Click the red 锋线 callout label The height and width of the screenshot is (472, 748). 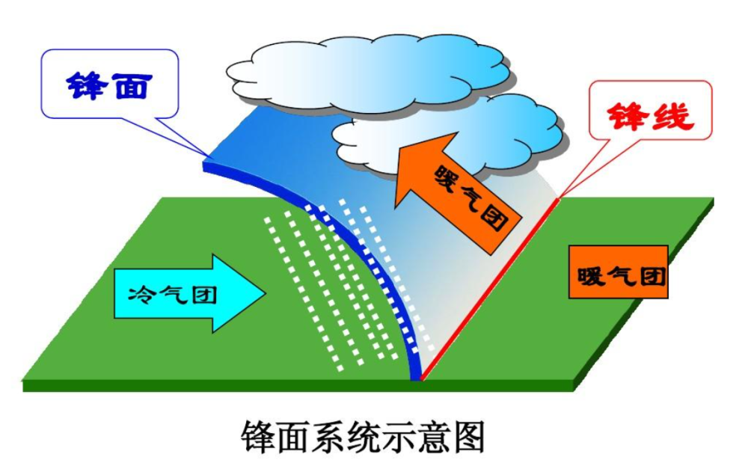click(x=650, y=110)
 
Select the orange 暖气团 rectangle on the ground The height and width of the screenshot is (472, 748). click(x=619, y=272)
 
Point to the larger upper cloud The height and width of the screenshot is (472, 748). click(x=368, y=72)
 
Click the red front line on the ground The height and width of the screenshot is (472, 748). click(x=490, y=289)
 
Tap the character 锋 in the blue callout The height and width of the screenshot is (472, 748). click(x=86, y=85)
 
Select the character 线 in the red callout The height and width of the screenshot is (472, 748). click(x=672, y=116)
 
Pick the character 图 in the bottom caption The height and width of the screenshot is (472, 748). click(x=468, y=437)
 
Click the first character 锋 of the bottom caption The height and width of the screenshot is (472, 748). click(x=257, y=437)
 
